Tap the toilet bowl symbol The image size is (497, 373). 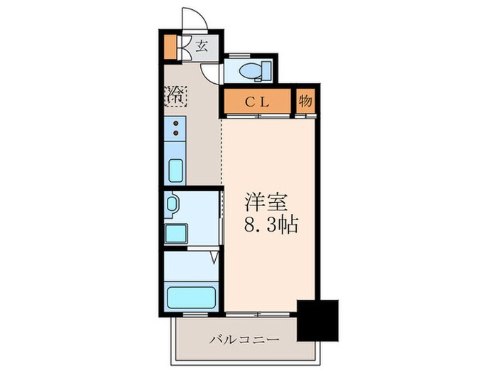[249, 70]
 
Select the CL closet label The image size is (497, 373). [257, 101]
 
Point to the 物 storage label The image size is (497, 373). [305, 101]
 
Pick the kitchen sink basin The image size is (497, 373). [175, 171]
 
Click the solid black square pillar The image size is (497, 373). [317, 320]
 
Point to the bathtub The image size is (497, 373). [190, 296]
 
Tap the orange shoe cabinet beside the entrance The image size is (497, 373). [169, 46]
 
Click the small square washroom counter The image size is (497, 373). [175, 233]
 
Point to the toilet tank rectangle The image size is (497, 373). [266, 70]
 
